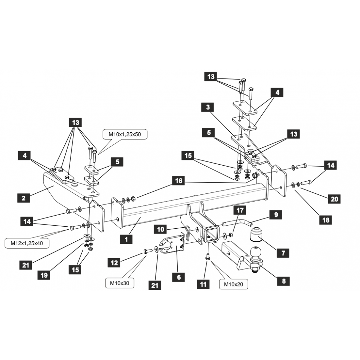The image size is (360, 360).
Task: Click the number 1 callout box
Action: [x=126, y=239]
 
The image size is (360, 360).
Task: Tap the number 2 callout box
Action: [x=24, y=198]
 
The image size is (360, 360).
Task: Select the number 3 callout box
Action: [x=208, y=107]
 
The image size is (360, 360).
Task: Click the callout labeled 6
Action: [x=179, y=277]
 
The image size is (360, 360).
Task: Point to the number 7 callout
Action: [x=283, y=253]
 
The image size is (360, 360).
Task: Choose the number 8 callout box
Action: [x=284, y=281]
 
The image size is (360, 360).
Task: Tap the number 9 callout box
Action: [x=276, y=215]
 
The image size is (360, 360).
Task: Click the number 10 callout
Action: [x=161, y=229]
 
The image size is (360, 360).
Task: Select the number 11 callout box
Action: [x=203, y=284]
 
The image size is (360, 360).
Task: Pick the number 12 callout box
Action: [x=114, y=263]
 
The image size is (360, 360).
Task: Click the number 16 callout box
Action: [x=179, y=181]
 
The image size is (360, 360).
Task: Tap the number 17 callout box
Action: [x=240, y=210]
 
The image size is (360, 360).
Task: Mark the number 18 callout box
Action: [x=326, y=220]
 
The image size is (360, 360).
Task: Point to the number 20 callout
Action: [x=334, y=199]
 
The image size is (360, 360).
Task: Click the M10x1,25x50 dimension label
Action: [x=125, y=134]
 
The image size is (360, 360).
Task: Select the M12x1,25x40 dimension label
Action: [x=27, y=243]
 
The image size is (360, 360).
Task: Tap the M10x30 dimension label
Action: [x=120, y=283]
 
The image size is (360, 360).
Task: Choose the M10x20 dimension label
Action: [x=233, y=284]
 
